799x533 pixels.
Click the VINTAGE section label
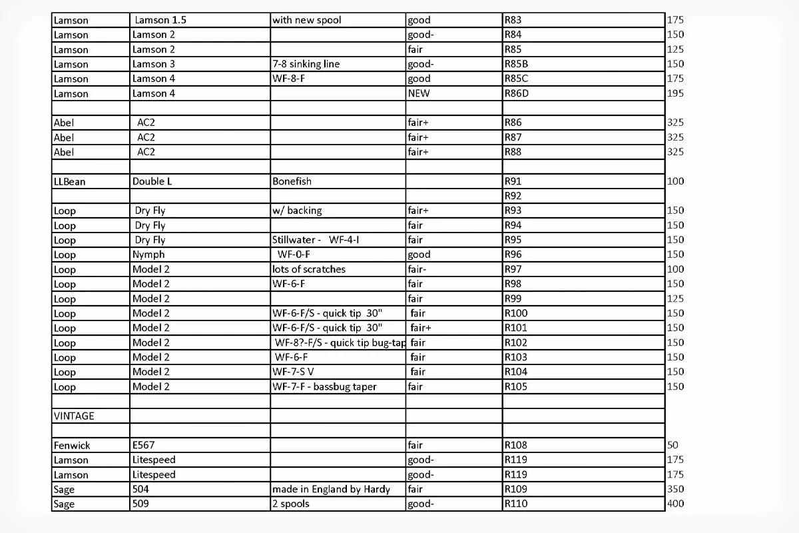tap(74, 416)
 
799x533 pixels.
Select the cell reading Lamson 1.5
tap(160, 20)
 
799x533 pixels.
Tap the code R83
tap(513, 20)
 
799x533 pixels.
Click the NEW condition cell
tap(419, 93)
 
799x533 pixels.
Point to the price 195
tap(675, 93)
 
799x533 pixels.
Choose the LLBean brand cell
tap(70, 181)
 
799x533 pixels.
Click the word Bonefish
tap(292, 181)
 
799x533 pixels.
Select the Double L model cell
tap(152, 181)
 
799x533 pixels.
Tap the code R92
tap(513, 196)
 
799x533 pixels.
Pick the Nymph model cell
tap(148, 255)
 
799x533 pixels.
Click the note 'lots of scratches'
tap(309, 269)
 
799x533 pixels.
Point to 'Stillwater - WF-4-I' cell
tap(316, 240)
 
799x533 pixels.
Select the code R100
tap(516, 313)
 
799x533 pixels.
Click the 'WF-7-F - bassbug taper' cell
tap(324, 386)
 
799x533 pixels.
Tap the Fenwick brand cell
tap(72, 445)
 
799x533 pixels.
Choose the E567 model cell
tap(144, 445)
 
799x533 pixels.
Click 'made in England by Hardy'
tap(331, 489)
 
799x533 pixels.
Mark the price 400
tap(675, 504)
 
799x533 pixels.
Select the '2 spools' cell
tap(291, 504)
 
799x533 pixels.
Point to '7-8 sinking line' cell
tap(306, 64)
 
